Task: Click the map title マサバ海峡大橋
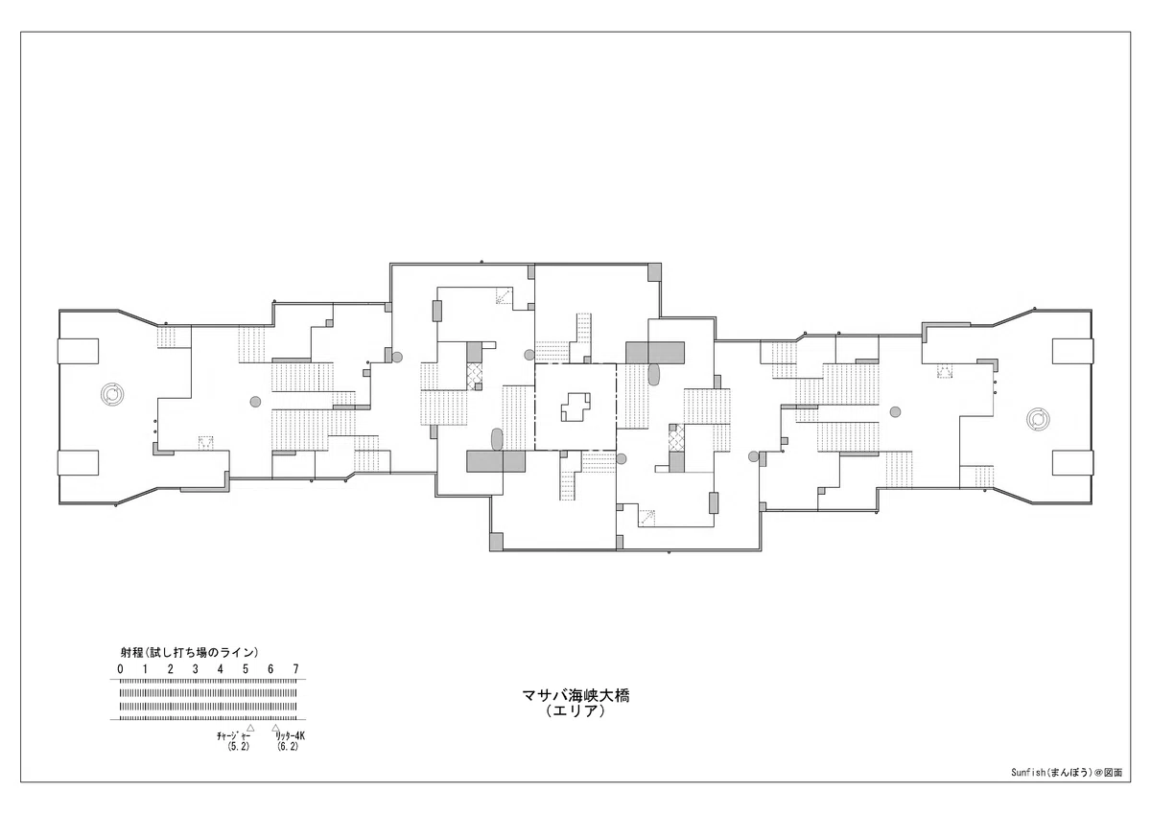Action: point(575,695)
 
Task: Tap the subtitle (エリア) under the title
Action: point(575,711)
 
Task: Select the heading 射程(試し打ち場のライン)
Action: point(189,653)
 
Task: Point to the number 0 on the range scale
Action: point(120,668)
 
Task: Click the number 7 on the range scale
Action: point(296,668)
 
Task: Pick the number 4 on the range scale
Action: point(221,668)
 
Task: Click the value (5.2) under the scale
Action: point(238,747)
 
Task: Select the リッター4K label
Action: point(291,736)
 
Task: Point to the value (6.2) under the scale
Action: point(287,747)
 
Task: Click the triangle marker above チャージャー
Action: point(250,728)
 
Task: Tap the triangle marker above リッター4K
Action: point(275,728)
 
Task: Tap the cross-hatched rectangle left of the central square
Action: point(474,376)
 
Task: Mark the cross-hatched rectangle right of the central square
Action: point(676,438)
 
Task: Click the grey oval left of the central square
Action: point(497,439)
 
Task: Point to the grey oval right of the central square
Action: point(653,374)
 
